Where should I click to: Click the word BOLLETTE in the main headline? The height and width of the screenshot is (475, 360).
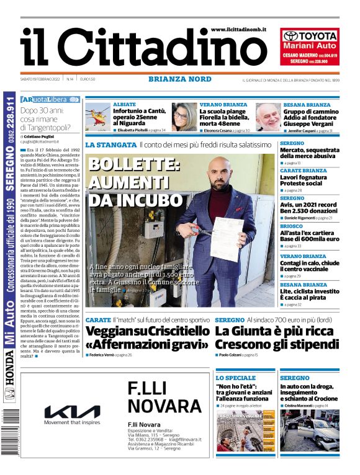[x=134, y=166]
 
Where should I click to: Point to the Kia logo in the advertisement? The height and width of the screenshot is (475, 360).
[x=72, y=412]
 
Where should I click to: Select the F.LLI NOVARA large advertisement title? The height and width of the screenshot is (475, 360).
[x=160, y=397]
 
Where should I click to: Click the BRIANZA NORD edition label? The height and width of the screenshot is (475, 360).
[x=176, y=79]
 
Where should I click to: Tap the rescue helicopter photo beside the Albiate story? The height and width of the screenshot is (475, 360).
[x=98, y=116]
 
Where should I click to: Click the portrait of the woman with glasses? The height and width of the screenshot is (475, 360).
[x=184, y=117]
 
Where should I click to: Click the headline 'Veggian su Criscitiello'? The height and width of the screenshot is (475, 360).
[x=148, y=331]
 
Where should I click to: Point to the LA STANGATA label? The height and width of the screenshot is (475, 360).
[x=110, y=144]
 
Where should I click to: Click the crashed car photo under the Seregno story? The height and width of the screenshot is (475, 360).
[x=308, y=430]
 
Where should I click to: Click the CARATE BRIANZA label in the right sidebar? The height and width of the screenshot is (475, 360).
[x=303, y=170]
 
